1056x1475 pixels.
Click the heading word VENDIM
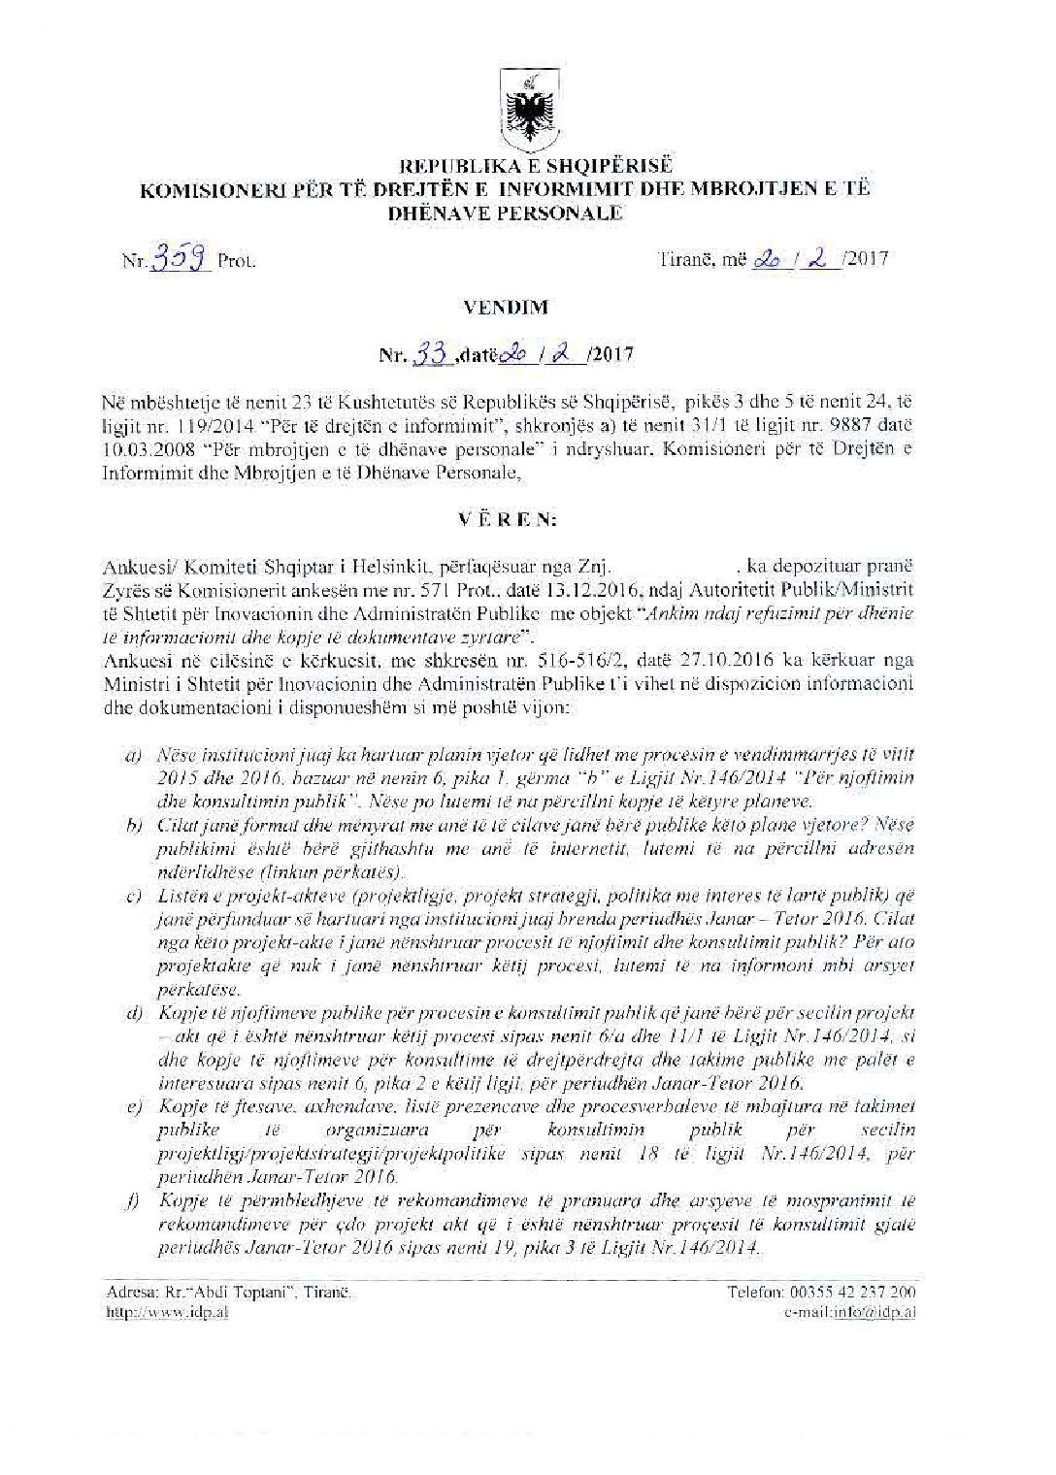point(520,308)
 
